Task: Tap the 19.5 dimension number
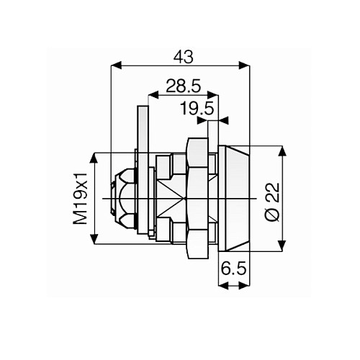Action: pyautogui.click(x=197, y=109)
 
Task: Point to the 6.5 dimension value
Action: pyautogui.click(x=234, y=269)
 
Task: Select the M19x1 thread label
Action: pyautogui.click(x=84, y=198)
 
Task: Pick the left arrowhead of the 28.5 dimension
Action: pyautogui.click(x=150, y=95)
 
